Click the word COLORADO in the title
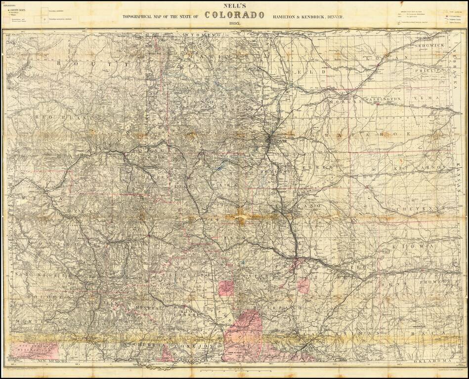pyautogui.click(x=234, y=15)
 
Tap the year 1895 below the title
pyautogui.click(x=234, y=24)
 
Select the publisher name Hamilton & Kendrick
pyautogui.click(x=308, y=17)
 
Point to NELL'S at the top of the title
pyautogui.click(x=234, y=6)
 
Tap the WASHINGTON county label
pyautogui.click(x=383, y=99)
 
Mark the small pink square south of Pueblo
pyautogui.click(x=303, y=285)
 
